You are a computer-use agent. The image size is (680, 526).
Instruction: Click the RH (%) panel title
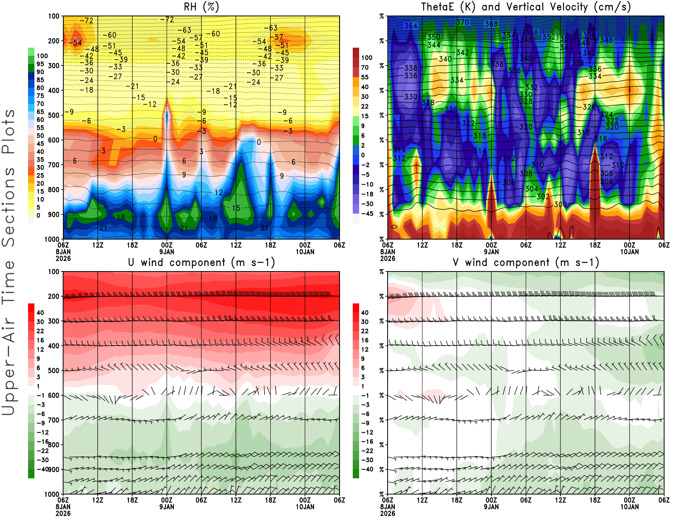point(201,7)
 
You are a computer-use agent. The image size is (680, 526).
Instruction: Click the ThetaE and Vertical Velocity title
point(526,7)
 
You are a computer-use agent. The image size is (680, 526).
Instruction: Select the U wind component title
point(201,262)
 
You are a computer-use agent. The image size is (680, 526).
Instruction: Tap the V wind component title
point(526,262)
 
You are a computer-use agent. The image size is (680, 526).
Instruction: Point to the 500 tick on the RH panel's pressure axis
point(54,115)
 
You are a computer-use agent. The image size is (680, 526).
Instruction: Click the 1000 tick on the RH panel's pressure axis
point(52,239)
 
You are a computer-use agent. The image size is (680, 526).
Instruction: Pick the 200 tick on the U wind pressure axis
point(54,296)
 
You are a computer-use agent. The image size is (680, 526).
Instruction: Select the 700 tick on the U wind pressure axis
point(54,420)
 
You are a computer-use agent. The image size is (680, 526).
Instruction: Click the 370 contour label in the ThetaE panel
point(462,22)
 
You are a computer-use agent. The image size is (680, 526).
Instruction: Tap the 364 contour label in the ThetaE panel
point(411,26)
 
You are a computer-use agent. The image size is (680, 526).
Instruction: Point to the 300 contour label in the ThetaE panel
point(560,204)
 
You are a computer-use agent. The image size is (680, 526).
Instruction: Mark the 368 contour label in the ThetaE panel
point(491,24)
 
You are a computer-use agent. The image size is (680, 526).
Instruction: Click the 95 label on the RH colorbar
point(40,64)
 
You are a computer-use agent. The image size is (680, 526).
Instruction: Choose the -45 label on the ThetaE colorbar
point(367,214)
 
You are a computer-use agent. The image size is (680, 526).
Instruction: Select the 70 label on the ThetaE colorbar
point(365,67)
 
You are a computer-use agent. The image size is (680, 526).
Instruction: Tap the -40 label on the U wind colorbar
point(42,469)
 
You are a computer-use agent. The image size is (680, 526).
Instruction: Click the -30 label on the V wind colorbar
point(367,460)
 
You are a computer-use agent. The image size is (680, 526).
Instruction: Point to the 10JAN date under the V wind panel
point(629,507)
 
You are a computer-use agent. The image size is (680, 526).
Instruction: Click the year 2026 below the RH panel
point(63,258)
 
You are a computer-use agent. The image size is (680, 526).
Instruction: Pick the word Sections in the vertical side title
point(8,206)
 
